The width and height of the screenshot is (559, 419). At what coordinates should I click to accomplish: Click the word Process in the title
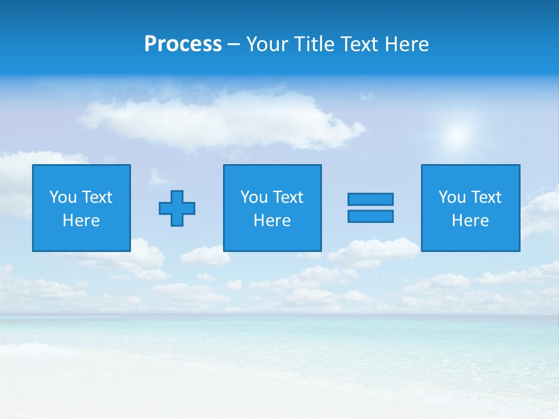[x=183, y=44]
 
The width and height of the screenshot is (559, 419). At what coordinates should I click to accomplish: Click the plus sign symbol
[x=177, y=208]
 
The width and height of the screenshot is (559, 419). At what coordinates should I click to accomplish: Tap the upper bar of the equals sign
[x=370, y=199]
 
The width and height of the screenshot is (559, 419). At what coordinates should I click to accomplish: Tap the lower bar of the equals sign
[x=370, y=216]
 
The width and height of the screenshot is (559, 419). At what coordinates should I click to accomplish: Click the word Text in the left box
[x=97, y=197]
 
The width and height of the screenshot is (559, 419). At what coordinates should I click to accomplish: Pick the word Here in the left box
[x=82, y=221]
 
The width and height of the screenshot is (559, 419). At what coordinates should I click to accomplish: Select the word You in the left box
[x=63, y=197]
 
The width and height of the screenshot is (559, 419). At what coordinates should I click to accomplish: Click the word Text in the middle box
[x=288, y=197]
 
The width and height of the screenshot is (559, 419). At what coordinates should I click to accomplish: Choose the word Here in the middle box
[x=273, y=221]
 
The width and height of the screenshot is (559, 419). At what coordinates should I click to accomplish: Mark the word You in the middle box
[x=254, y=197]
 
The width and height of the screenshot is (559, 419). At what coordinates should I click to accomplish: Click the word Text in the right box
[x=486, y=197]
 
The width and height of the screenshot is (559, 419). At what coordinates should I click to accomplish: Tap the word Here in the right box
[x=470, y=221]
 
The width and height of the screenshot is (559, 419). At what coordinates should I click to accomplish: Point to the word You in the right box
[x=452, y=197]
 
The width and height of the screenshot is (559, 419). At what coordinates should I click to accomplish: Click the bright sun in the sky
[x=458, y=135]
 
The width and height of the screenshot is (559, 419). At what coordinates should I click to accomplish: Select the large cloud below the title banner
[x=221, y=119]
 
